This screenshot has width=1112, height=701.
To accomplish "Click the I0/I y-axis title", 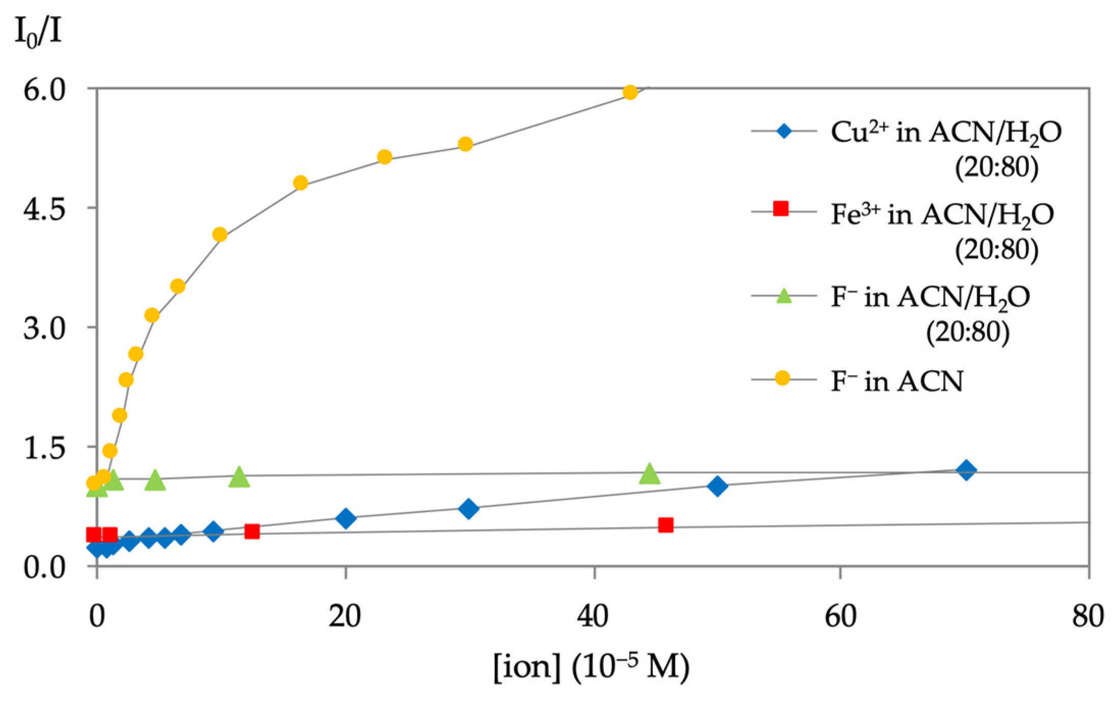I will [38, 32].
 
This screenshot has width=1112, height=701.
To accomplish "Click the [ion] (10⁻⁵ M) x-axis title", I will [591, 666].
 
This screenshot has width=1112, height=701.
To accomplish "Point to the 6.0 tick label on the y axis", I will [45, 90].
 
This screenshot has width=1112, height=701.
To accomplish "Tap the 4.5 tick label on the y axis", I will [45, 209].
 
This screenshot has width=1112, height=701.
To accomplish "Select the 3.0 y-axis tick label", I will [45, 328].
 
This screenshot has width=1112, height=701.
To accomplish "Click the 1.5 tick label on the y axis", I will [45, 448].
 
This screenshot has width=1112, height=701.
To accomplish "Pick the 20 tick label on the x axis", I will [345, 615].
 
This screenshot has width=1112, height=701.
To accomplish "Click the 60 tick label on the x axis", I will [840, 615].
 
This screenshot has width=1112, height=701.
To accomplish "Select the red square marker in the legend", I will [781, 209].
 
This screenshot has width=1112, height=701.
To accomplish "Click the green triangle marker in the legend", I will [783, 296].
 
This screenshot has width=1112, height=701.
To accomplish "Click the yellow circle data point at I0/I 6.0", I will [630, 92].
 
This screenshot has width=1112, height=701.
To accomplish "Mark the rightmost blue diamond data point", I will [966, 470].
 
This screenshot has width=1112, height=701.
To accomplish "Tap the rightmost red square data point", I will [666, 525].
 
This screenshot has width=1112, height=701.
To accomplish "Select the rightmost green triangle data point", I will [649, 474].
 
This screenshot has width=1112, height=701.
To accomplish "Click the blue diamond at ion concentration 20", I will [346, 518].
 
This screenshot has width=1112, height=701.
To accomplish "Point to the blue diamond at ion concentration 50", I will [717, 486].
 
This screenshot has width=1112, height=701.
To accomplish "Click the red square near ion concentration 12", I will [252, 531].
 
